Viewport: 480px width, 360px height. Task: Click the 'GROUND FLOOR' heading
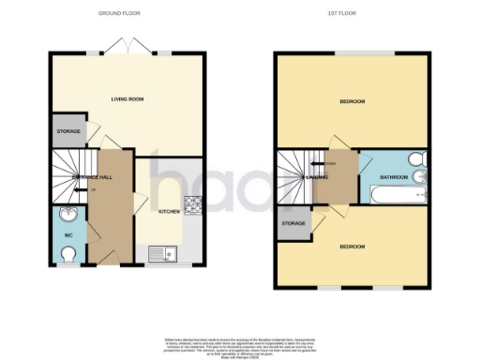119,14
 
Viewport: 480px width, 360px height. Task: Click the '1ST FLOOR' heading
352,14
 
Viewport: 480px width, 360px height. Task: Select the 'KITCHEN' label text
169,212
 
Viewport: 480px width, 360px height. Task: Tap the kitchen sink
161,252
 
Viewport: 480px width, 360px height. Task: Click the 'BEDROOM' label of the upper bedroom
352,101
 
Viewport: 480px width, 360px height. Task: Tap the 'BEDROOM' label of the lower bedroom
352,247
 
